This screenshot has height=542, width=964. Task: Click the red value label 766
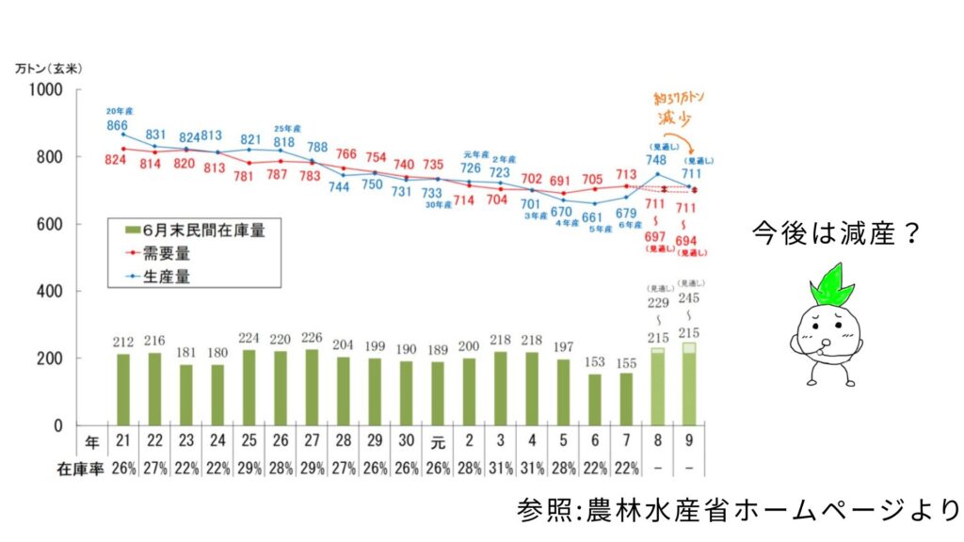pyautogui.click(x=345, y=154)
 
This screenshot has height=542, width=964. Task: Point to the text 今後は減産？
pyautogui.click(x=834, y=234)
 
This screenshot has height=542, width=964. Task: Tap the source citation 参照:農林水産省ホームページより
pyautogui.click(x=738, y=511)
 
